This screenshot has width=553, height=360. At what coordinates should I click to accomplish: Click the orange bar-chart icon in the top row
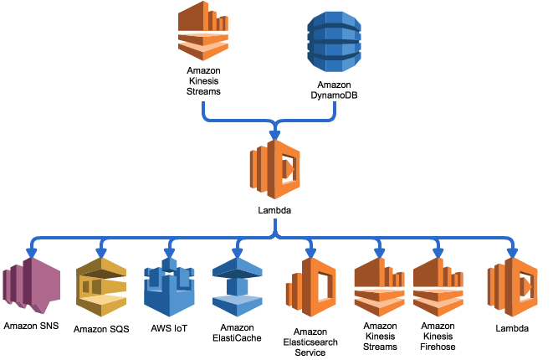pos(203,31)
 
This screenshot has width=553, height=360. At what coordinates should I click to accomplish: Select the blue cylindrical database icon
pos(334,41)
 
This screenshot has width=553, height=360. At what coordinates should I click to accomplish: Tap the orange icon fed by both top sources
pos(274,169)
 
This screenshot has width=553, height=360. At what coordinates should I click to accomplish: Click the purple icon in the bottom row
pos(32,285)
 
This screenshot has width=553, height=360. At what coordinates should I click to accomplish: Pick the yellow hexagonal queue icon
pos(101,287)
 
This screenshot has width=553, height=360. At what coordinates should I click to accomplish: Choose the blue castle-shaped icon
pos(169,287)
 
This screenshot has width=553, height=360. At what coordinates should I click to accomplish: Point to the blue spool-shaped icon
pos(238,287)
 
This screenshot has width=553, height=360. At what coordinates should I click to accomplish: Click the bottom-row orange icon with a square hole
pos(311,287)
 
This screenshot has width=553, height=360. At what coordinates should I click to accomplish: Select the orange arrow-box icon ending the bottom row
pos(513,287)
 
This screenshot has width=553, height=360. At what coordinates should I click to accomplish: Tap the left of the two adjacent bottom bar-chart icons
pos(379,287)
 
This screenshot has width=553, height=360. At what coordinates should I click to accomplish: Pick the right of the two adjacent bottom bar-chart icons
pos(438,287)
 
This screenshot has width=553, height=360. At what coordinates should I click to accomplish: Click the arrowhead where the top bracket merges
pos(274,135)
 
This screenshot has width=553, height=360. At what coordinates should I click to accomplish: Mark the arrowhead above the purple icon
pos(32,252)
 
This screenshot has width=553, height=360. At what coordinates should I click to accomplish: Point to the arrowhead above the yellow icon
pos(101,252)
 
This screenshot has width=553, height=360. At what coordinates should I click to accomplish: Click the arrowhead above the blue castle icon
pos(169,252)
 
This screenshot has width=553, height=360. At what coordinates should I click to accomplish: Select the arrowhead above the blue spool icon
pos(238,252)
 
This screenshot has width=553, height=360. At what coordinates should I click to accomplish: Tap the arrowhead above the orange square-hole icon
pos(310,252)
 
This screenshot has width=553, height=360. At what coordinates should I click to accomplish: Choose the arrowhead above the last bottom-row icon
pos(512,252)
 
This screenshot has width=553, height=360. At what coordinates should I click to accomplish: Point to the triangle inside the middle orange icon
pos(289,169)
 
